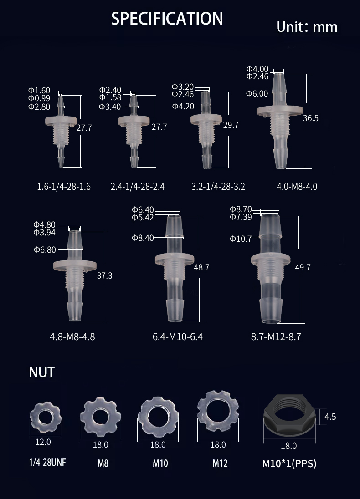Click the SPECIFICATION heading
[167, 19]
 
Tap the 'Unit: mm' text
[307, 27]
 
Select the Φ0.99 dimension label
[39, 98]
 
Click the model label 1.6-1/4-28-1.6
[64, 187]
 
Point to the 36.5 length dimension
[311, 118]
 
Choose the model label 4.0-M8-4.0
[297, 187]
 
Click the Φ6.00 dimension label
[257, 94]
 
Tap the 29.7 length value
[231, 125]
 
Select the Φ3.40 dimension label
[110, 107]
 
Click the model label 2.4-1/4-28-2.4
[138, 187]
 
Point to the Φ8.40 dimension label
[143, 237]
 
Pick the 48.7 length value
[201, 268]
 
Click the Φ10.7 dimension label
[241, 239]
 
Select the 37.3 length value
[105, 276]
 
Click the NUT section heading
[41, 372]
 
